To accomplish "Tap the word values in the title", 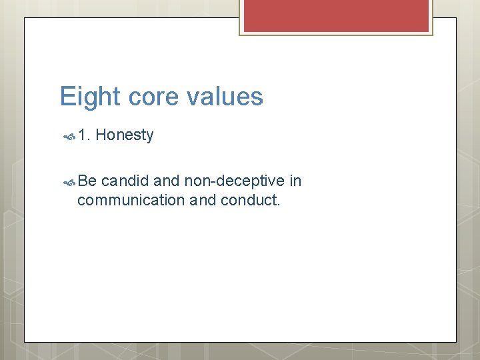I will (225, 97).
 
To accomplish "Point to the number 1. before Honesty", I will (84, 135).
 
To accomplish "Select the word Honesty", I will (125, 135).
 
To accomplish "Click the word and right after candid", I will (167, 181).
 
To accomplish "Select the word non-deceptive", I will (234, 181).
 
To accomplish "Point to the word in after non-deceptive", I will (296, 181).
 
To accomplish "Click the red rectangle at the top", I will (336, 15).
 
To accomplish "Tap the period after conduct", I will (279, 204).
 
